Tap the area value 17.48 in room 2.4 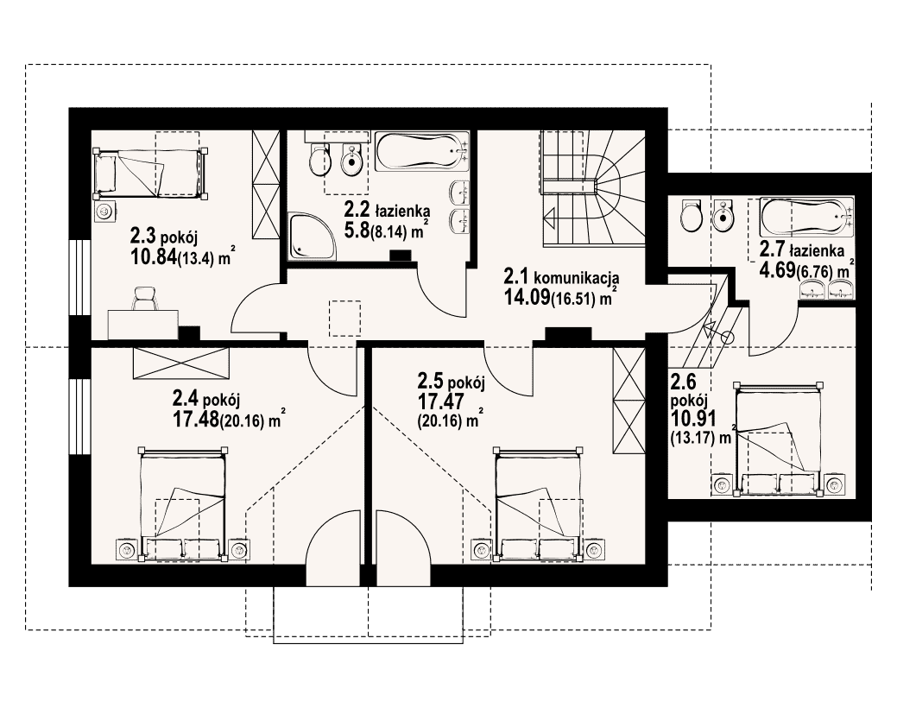pyautogui.click(x=196, y=420)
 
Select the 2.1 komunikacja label pyautogui.click(x=561, y=278)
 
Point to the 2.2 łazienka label pyautogui.click(x=386, y=210)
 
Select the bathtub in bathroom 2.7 pyautogui.click(x=806, y=218)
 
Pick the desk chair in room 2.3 pyautogui.click(x=145, y=298)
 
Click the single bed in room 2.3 pyautogui.click(x=150, y=172)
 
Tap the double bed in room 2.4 pyautogui.click(x=182, y=503)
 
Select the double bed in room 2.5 pyautogui.click(x=539, y=503)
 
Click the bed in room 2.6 pyautogui.click(x=779, y=439)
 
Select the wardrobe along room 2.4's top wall pyautogui.click(x=180, y=363)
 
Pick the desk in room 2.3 pyautogui.click(x=143, y=325)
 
